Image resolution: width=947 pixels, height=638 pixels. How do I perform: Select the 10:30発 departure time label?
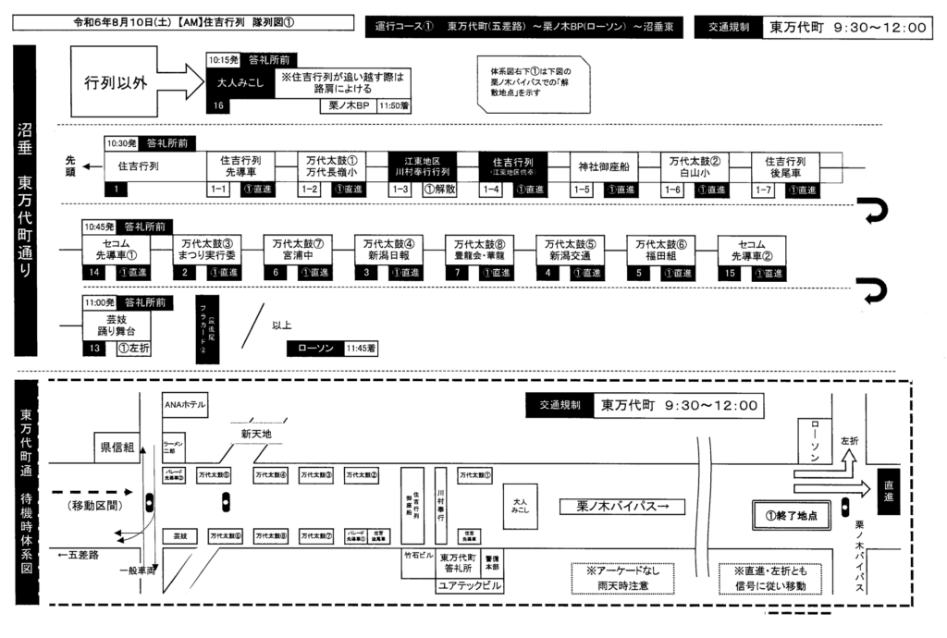[121, 143]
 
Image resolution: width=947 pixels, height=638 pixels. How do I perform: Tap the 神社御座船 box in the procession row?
[603, 166]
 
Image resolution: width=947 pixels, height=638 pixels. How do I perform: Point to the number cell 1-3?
[400, 190]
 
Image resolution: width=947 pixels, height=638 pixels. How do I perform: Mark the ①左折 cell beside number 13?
[135, 349]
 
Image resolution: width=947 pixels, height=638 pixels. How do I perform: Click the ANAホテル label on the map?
[184, 405]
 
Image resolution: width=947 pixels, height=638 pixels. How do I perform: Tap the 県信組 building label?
[117, 448]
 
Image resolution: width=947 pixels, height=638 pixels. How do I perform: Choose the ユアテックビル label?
[470, 587]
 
